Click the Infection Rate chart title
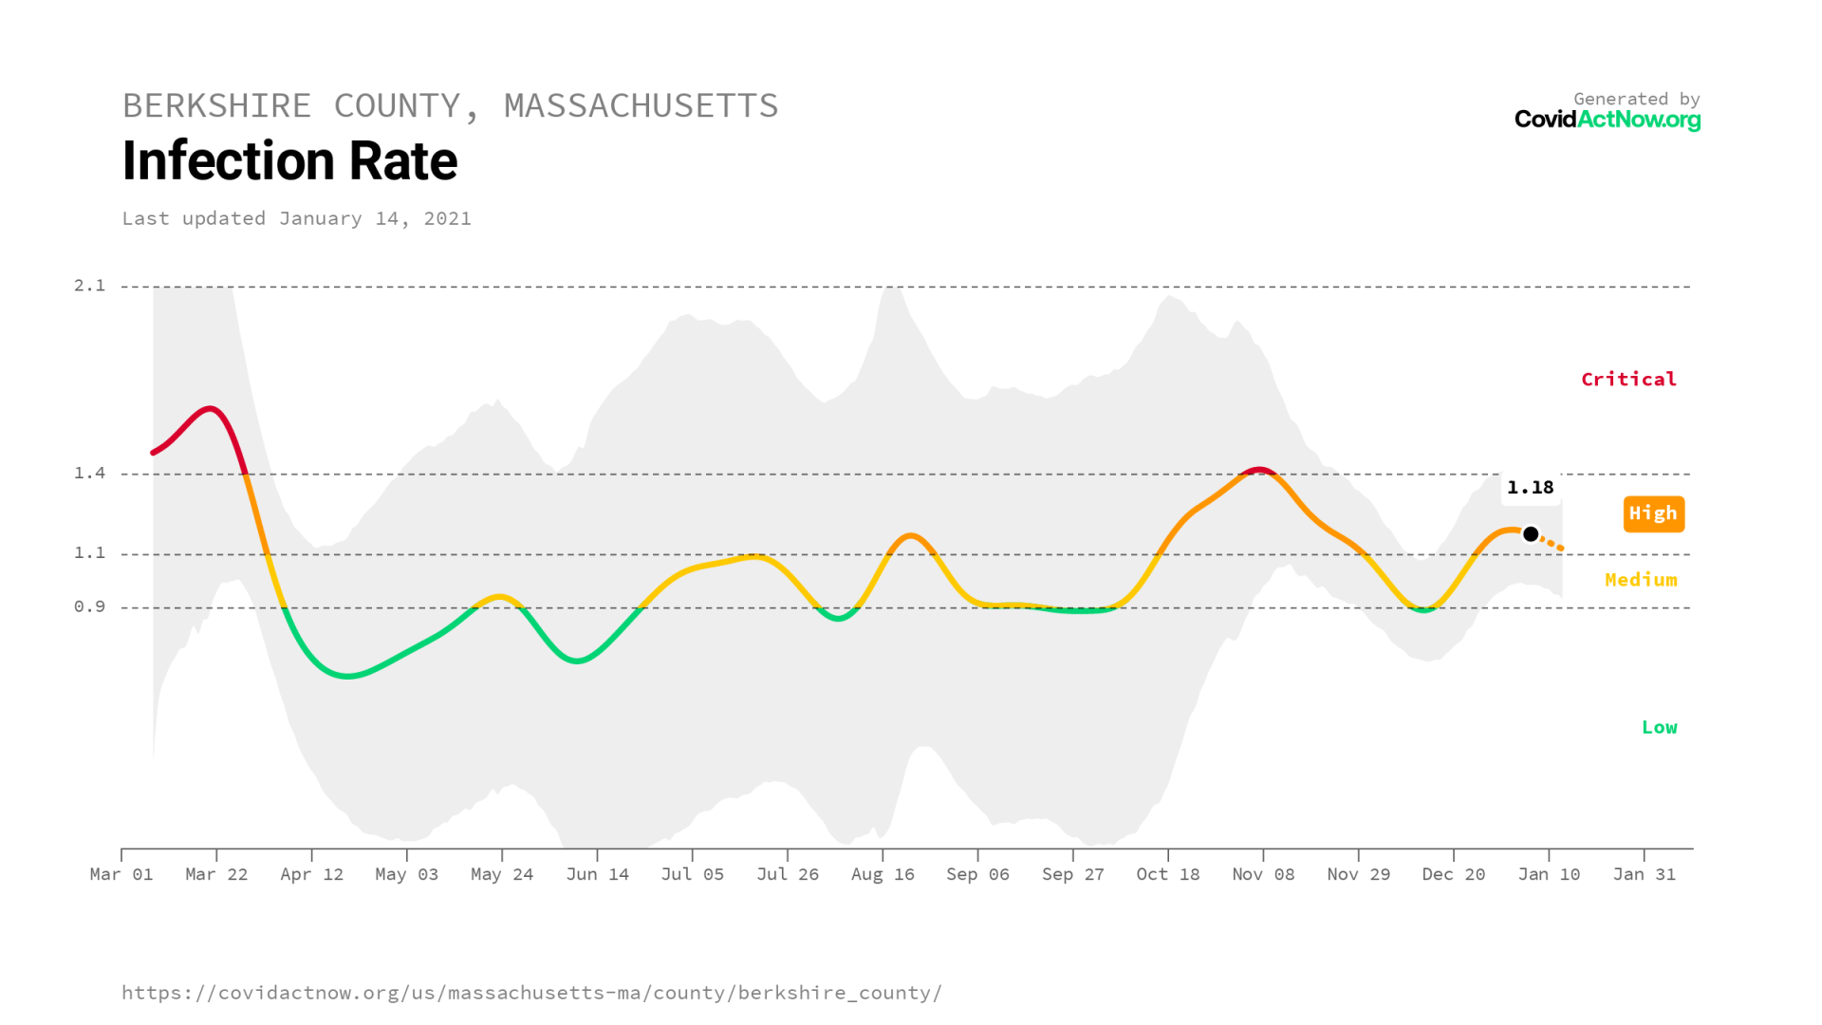289,161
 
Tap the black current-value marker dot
1531,534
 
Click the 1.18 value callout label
1530,488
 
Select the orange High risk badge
1653,513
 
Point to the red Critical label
1628,380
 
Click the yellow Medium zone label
1641,580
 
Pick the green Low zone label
1659,728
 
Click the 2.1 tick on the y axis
90,286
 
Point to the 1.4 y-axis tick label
90,474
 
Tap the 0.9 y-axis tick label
90,607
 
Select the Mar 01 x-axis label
121,874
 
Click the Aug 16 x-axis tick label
883,874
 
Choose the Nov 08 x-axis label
1263,874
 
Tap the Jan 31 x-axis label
1644,874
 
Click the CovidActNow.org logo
1607,120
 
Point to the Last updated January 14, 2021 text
296,219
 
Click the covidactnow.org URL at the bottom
531,993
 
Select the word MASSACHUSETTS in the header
641,106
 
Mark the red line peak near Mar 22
211,409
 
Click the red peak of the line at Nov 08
1259,469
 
